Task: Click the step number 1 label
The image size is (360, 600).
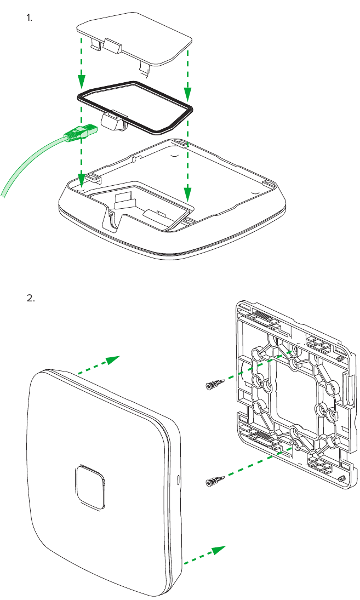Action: (30, 18)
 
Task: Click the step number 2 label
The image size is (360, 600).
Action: (31, 299)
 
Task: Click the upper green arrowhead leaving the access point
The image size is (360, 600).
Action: (112, 359)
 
